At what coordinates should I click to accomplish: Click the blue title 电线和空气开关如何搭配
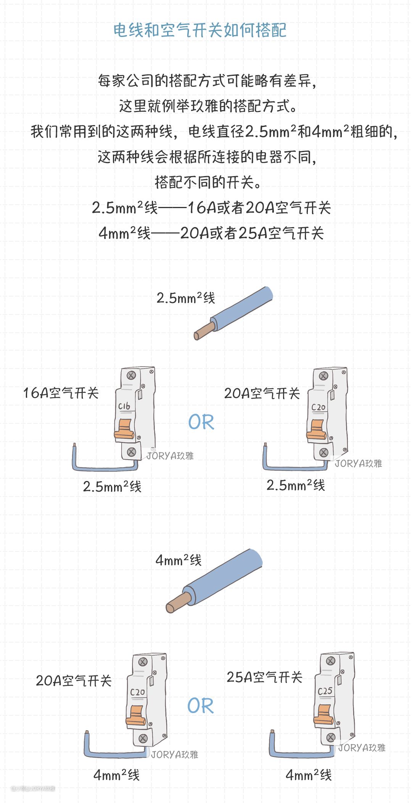click(200, 30)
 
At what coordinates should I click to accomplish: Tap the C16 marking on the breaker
click(124, 406)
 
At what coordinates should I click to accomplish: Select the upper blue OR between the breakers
click(201, 422)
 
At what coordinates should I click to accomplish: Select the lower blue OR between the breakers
click(201, 706)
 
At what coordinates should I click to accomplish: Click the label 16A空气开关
click(61, 393)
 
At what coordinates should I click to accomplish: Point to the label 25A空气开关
click(265, 677)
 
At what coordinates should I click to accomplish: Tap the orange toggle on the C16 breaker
click(124, 429)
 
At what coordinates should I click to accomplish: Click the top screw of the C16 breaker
click(132, 375)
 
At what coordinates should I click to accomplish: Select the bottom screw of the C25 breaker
click(331, 737)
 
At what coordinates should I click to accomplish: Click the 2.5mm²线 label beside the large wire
click(186, 298)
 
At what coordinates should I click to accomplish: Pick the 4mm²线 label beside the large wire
click(179, 560)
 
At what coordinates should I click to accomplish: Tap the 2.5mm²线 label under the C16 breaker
click(112, 487)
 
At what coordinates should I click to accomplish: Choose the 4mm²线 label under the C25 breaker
click(309, 775)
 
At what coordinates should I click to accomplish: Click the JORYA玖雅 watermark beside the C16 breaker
click(171, 456)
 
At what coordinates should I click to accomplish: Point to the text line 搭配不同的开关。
click(208, 183)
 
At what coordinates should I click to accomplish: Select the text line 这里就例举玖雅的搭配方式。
click(208, 106)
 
